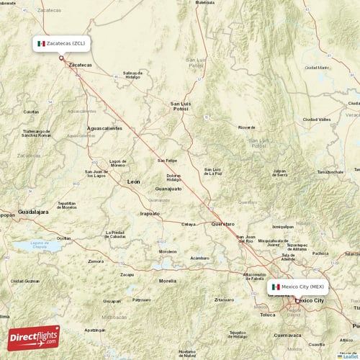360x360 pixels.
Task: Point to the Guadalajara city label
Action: coord(33,212)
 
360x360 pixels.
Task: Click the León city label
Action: coord(134,182)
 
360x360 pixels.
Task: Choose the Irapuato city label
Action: coord(150,213)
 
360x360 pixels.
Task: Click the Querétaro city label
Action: coord(222,224)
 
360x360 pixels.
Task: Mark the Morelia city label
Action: coord(167,280)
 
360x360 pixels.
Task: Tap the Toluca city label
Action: coord(267,315)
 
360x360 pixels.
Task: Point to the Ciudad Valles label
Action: coord(317,119)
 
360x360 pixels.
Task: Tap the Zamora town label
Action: coord(96,261)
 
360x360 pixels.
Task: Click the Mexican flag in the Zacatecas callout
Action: coord(41,44)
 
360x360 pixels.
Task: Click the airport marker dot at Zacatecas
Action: coord(61,58)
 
